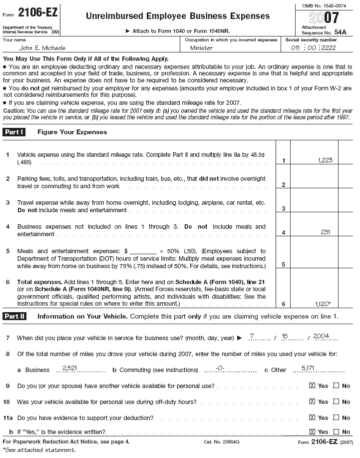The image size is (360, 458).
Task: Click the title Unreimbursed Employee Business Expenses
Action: (177, 16)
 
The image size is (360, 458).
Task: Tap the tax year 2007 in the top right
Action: (324, 18)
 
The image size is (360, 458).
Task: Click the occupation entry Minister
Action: (201, 48)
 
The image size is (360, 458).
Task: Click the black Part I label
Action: (15, 132)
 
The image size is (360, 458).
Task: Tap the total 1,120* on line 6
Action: (325, 303)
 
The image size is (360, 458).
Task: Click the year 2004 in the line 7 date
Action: (321, 337)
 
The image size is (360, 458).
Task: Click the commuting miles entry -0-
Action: (219, 368)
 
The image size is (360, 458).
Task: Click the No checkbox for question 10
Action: (336, 402)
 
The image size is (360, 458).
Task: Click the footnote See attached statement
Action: (40, 451)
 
